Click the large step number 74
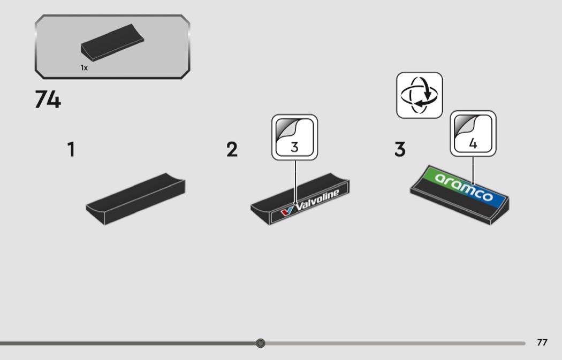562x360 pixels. point(48,99)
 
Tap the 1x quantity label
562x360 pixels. point(84,68)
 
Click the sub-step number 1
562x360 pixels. point(71,149)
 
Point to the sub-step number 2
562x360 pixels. point(232,149)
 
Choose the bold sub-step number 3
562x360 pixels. point(400,149)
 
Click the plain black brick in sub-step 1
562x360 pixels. point(135,199)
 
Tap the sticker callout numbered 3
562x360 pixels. point(294,137)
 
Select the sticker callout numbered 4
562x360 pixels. point(473,134)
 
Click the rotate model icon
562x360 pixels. point(419,95)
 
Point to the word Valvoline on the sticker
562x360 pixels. point(317,200)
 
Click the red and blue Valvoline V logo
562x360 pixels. point(287,211)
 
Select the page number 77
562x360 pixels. point(542,342)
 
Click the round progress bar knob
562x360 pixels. point(261,343)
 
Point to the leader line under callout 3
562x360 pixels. point(295,182)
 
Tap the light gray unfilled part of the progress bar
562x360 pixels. point(395,343)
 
